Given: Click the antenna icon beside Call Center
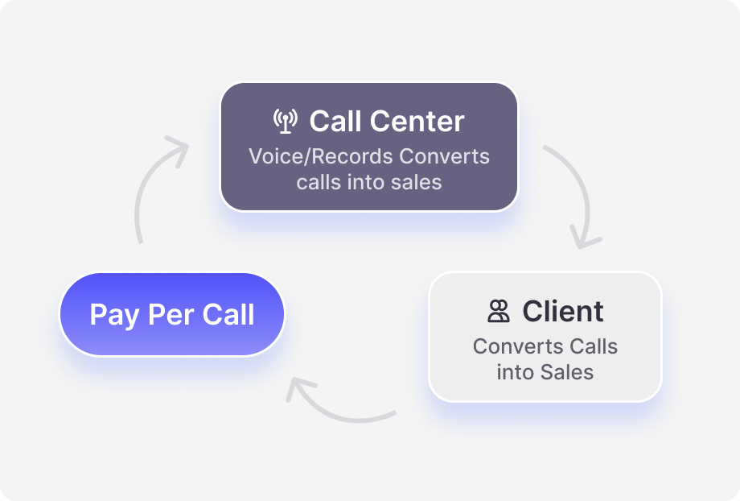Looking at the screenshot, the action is point(286,121).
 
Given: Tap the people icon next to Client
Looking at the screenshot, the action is point(499,311).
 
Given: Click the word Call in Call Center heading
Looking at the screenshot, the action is point(335,121).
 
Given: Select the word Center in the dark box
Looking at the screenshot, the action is point(417,121).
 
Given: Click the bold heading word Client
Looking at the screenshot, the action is point(562,311).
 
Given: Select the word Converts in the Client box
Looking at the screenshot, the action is point(518,346).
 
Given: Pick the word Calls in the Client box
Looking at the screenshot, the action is point(594,346).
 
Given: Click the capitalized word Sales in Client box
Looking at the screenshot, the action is point(567,372).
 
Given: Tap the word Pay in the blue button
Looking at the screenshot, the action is point(115,316).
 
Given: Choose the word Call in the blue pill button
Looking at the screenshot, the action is point(228,314).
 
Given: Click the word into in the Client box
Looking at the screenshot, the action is point(516,372).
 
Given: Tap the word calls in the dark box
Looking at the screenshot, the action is point(319,183).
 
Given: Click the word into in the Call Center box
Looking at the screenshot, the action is point(366,183).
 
